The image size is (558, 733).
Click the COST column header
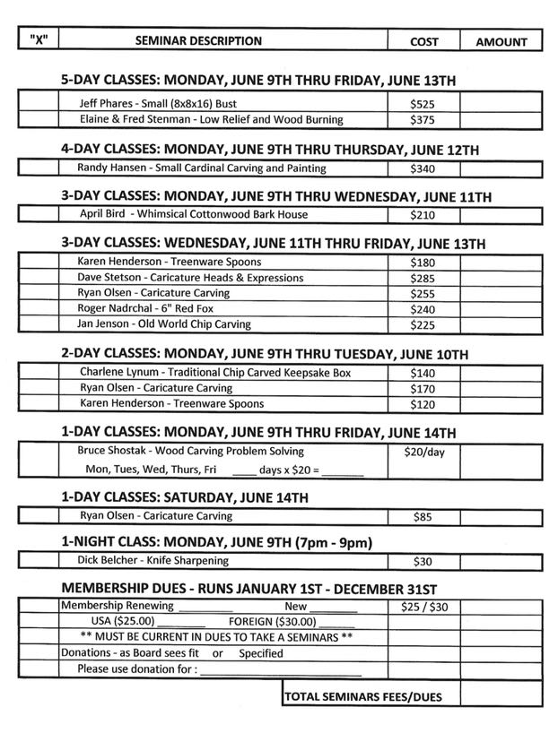point(423,41)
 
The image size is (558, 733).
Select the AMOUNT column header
point(501,42)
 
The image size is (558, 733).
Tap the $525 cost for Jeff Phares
point(423,104)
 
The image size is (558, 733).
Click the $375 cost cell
point(423,119)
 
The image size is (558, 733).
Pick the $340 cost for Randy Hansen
point(423,168)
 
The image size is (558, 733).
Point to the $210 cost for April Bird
point(423,215)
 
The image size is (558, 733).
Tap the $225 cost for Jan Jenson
point(423,324)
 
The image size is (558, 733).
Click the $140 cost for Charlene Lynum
point(423,373)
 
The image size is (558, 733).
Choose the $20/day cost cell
point(424,453)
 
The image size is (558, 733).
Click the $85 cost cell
point(423,517)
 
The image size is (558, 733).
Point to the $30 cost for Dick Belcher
point(423,562)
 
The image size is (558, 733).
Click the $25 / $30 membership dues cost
point(424,607)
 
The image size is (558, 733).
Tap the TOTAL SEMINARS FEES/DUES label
point(362,696)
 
